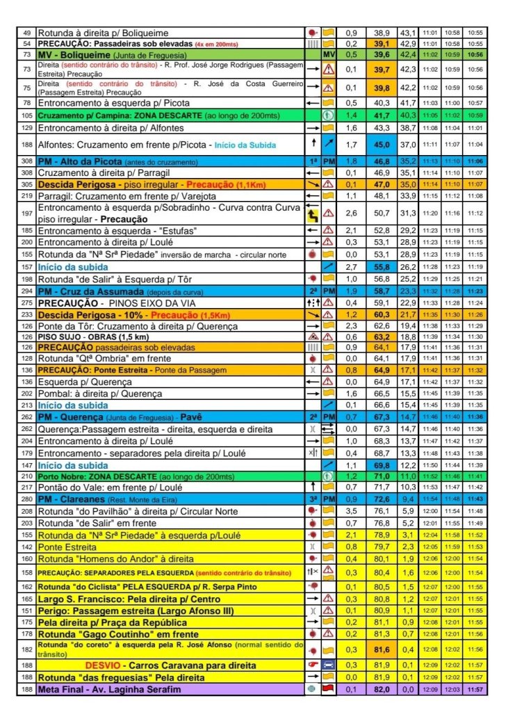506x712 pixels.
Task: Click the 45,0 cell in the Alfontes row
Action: click(x=382, y=144)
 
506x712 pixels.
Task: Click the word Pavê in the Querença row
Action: click(x=190, y=416)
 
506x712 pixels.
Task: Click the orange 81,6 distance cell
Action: click(x=382, y=649)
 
